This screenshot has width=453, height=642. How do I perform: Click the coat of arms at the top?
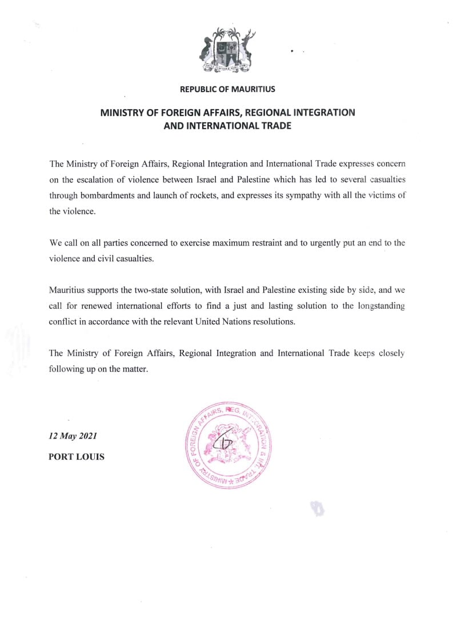(x=227, y=51)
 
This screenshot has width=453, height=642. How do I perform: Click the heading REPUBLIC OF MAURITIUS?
(x=227, y=89)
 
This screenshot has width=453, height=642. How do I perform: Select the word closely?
(x=391, y=353)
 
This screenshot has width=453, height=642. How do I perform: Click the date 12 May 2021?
(x=73, y=436)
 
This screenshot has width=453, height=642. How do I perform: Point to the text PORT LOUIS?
(x=77, y=457)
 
